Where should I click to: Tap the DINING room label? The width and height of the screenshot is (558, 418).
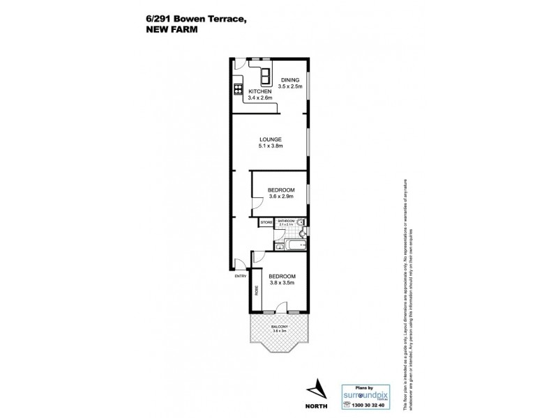[x=289, y=80]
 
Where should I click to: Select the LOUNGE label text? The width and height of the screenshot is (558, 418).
[x=269, y=139]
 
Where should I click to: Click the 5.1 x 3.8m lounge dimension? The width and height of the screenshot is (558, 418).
[x=269, y=147]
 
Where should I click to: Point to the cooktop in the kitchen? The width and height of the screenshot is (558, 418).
[x=237, y=88]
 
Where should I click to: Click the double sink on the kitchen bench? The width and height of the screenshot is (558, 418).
[x=266, y=75]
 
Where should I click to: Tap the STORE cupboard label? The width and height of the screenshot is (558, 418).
[x=266, y=223]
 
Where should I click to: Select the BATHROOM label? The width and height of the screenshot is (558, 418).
[x=286, y=220]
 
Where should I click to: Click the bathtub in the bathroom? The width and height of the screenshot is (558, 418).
[x=291, y=245]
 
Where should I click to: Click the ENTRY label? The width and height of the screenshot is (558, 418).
[x=240, y=277]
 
